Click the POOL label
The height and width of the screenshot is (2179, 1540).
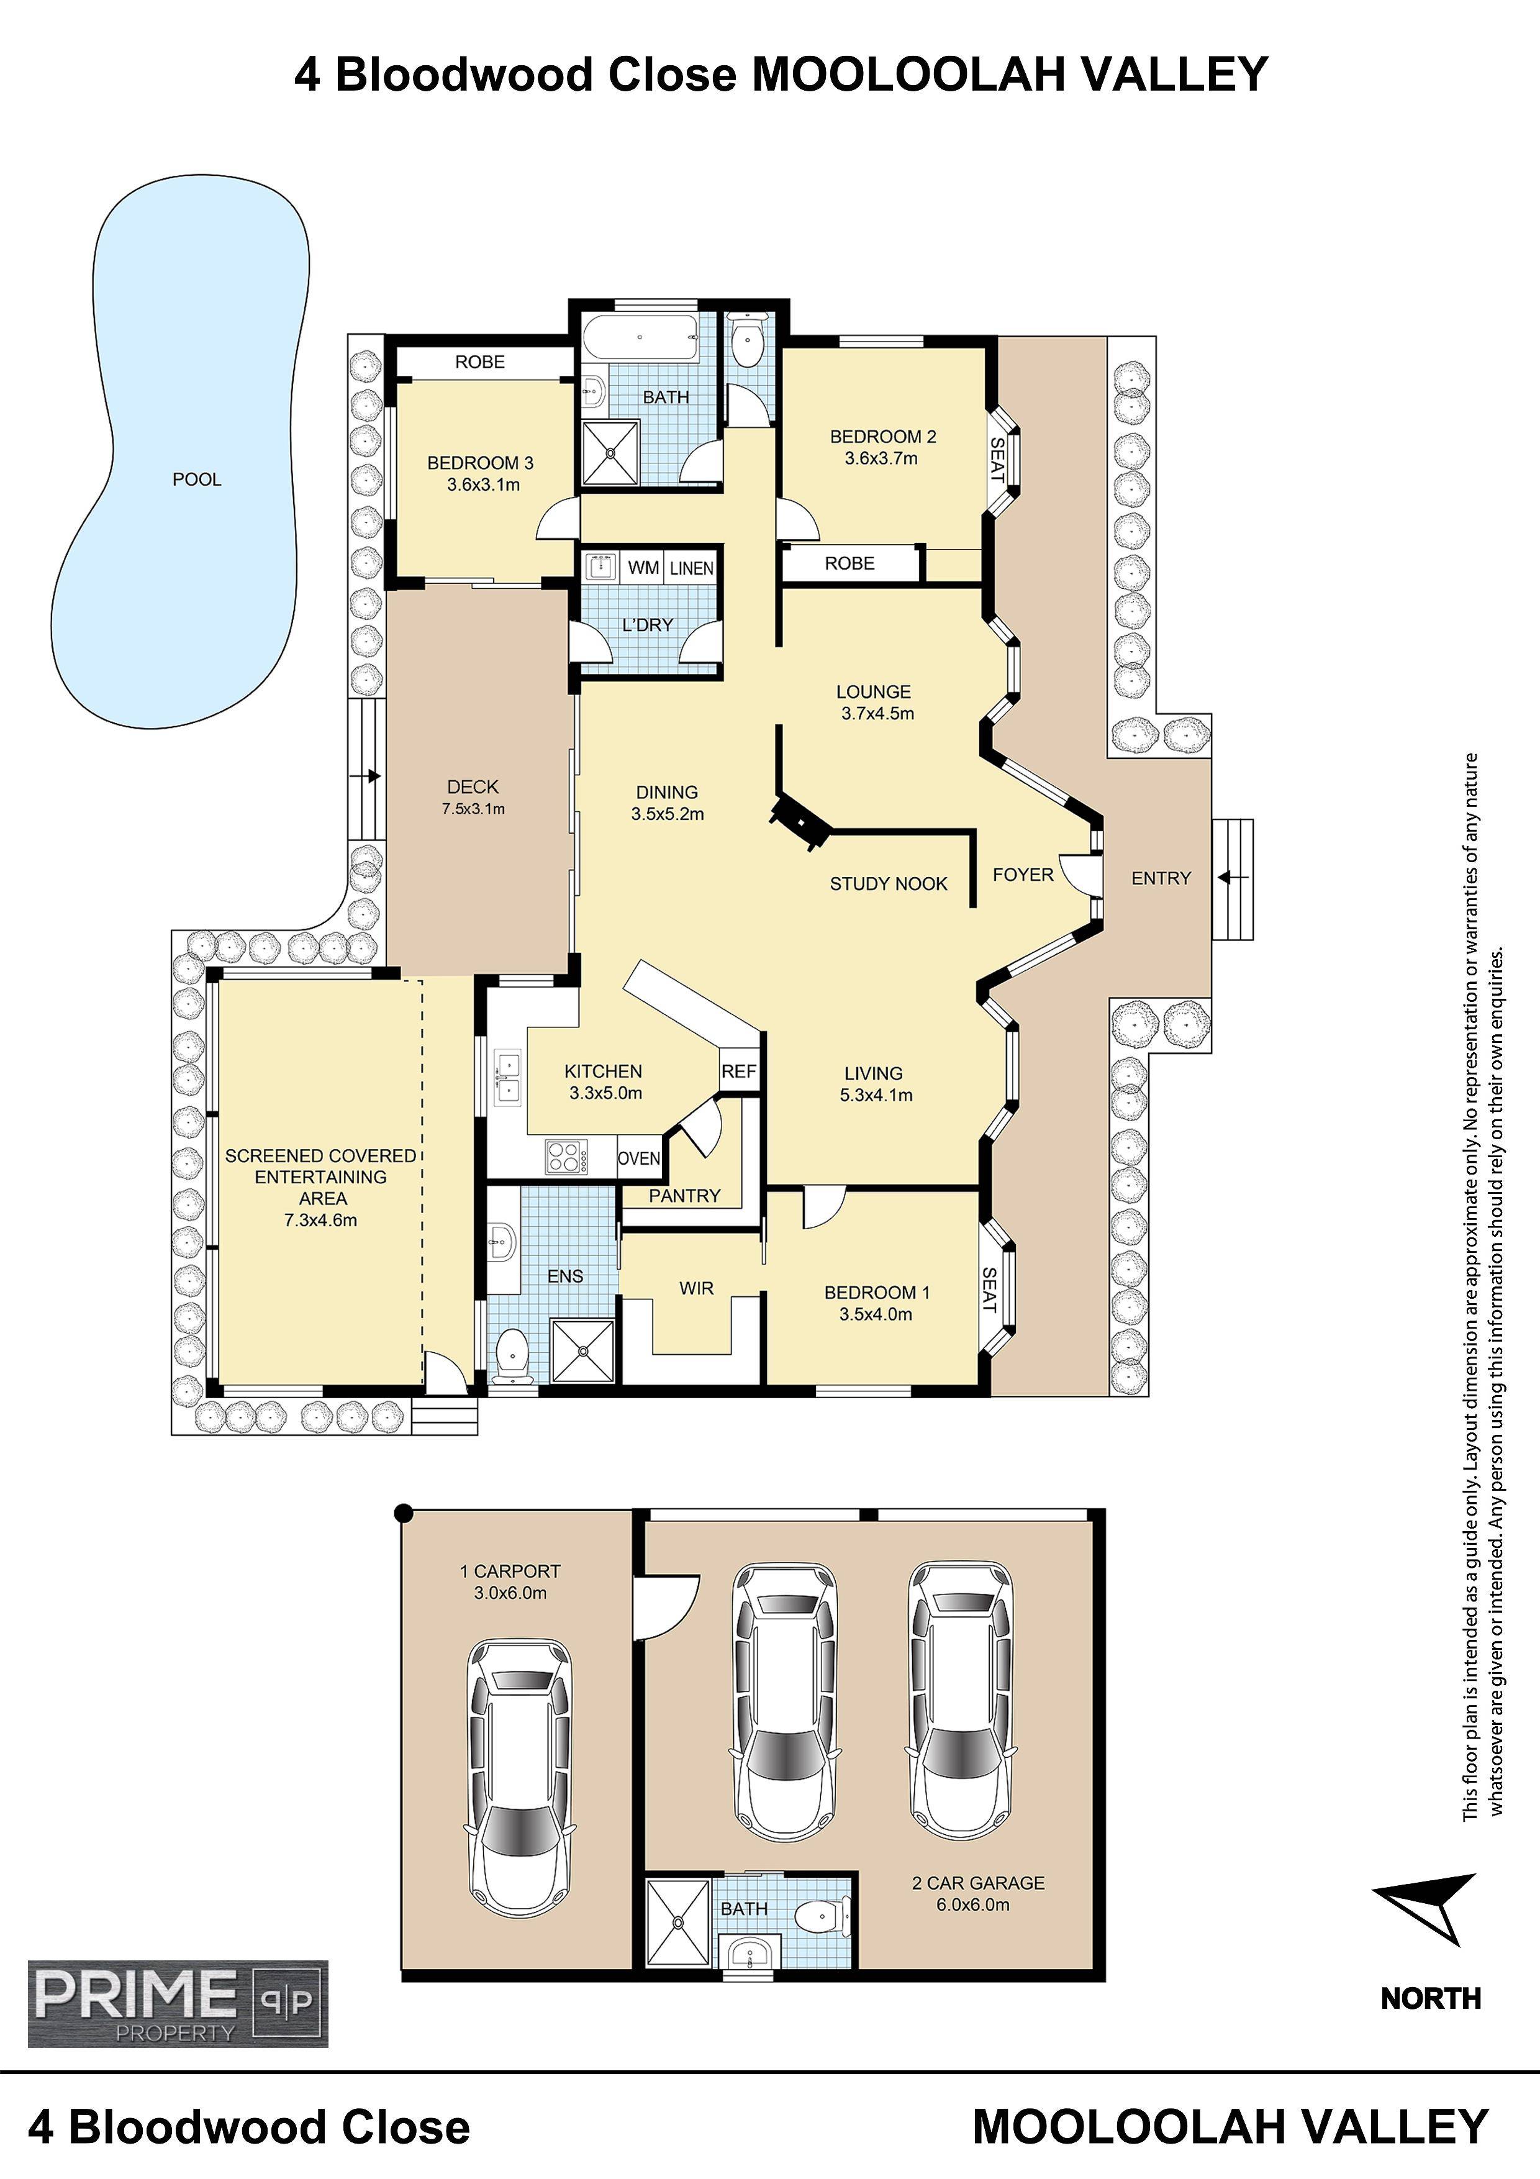[196, 480]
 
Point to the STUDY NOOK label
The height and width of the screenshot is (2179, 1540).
[888, 883]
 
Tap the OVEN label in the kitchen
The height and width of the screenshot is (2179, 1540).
[638, 1158]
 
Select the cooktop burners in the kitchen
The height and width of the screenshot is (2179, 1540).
[566, 1157]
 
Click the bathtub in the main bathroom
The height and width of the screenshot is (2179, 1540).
[640, 338]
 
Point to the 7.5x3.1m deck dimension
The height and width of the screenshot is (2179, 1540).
[473, 809]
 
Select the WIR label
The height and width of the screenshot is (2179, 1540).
[695, 1288]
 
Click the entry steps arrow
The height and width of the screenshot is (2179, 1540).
[1233, 878]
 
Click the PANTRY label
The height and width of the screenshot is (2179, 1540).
[684, 1195]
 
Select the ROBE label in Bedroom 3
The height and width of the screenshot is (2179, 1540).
[479, 362]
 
